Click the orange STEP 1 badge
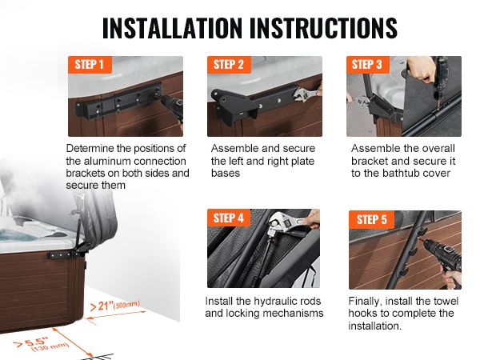point(90,65)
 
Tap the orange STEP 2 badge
point(229,65)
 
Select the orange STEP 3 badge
point(368,65)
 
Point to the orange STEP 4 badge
point(229,218)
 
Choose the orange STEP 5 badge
point(371,219)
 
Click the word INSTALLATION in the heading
point(172,28)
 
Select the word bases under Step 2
point(226,174)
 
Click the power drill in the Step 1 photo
point(170,108)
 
